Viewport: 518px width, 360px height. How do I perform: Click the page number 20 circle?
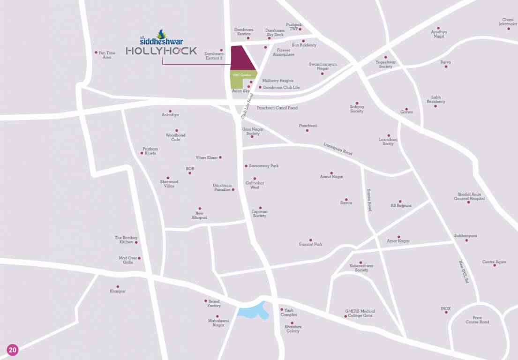12,350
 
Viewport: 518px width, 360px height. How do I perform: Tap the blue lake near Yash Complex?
253,311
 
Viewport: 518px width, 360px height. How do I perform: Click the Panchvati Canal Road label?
277,108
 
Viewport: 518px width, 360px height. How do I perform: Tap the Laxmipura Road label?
338,149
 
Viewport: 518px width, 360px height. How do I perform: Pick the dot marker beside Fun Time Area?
96,52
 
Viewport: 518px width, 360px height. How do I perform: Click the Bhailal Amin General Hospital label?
469,196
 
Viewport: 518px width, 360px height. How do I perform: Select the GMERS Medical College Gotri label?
360,314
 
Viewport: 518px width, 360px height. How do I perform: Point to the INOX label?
445,308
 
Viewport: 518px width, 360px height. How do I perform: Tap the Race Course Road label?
477,320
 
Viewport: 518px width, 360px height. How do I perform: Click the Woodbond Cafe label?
176,137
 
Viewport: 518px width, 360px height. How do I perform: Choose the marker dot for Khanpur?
118,286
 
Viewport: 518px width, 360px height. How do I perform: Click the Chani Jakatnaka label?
508,22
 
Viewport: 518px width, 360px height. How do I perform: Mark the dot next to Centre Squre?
495,265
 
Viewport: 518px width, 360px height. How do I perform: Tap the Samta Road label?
369,200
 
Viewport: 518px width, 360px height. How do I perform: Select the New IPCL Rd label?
464,273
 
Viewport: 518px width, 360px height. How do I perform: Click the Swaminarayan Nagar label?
323,66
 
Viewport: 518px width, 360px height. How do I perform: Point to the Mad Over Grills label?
128,260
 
